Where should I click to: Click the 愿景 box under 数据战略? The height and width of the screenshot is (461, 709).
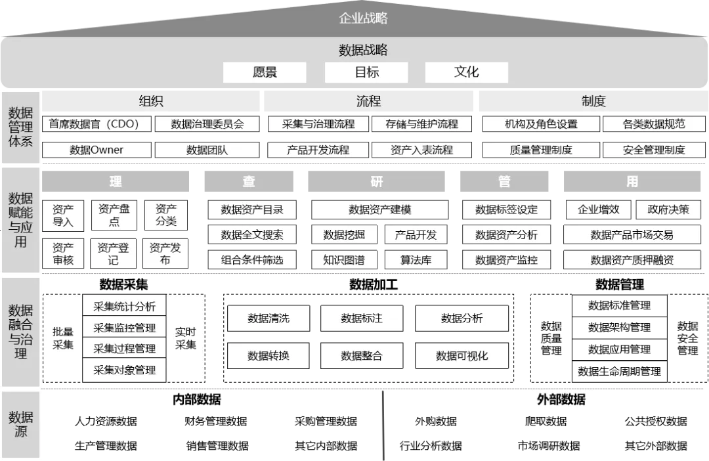point(265,72)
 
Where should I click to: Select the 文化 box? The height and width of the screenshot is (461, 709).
point(467,72)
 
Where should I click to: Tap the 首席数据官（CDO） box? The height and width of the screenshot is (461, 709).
point(98,123)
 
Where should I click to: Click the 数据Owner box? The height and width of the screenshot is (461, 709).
point(97,150)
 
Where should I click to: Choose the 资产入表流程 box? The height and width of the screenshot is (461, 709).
point(422,150)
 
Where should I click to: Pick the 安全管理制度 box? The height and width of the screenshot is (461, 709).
point(654,150)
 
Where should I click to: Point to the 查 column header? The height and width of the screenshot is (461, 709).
point(249,181)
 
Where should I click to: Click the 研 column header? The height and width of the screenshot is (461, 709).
point(376,181)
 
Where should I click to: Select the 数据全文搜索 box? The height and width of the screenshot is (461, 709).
point(252,234)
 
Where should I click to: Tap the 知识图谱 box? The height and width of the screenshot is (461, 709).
point(344,259)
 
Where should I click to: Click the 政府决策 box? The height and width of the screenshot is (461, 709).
point(668,209)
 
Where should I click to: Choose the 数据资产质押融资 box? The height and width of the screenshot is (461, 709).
point(632,259)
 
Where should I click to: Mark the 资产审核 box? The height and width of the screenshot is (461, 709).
point(63,253)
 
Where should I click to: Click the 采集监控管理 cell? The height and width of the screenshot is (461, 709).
point(125,327)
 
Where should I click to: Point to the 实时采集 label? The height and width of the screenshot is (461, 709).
point(186,338)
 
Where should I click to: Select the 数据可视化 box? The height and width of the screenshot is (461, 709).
point(462,356)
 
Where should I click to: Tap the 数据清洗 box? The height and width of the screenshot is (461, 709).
point(269,318)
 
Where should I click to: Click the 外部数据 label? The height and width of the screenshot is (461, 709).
point(561,399)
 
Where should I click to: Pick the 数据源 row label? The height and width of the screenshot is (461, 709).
point(21,424)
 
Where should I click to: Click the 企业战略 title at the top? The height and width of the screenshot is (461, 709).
point(363,18)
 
